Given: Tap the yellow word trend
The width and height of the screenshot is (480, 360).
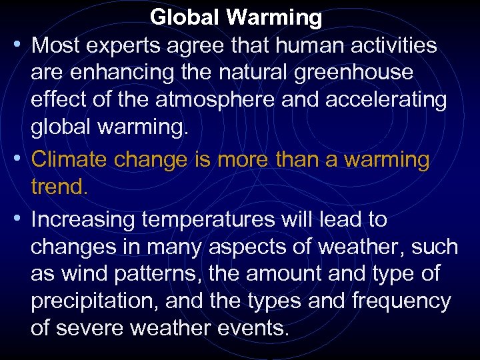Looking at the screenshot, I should point(59,187).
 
